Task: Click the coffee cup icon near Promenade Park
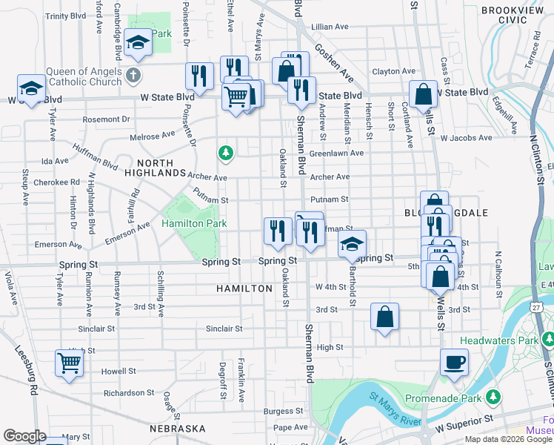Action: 454,363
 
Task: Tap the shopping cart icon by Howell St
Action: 69,363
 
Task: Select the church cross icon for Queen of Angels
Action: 133,74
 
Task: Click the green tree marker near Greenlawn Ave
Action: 225,154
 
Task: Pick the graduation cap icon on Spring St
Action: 353,243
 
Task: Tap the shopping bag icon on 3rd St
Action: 384,317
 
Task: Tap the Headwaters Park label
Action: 506,340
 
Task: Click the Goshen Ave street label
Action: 332,59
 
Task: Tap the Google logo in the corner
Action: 24,436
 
